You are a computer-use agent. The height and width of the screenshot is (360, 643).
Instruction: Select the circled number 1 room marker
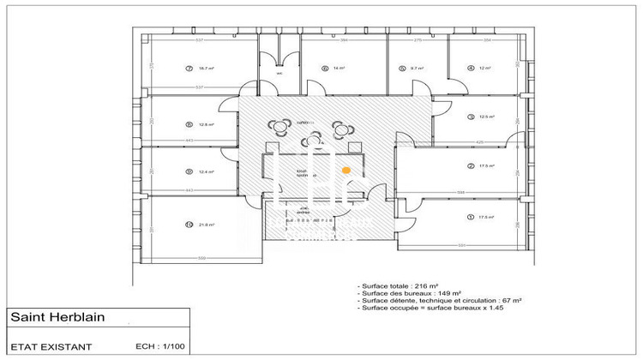pyautogui.click(x=470, y=217)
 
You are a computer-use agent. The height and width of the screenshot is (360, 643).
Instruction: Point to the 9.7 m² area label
pyautogui.click(x=418, y=68)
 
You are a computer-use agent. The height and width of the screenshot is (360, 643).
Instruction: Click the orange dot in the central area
pyautogui.click(x=346, y=171)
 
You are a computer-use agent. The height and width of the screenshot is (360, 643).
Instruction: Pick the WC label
pyautogui.click(x=279, y=73)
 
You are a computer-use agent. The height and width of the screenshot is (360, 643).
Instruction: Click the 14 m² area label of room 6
pyautogui.click(x=340, y=68)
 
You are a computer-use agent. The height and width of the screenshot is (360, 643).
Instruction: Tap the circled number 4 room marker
pyautogui.click(x=470, y=68)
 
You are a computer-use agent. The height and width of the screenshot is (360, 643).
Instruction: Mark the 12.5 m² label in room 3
pyautogui.click(x=487, y=117)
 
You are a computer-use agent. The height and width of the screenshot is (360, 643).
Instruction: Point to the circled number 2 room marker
pyautogui.click(x=470, y=165)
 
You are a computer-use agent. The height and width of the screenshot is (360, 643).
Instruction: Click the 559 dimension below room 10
pyautogui.click(x=202, y=258)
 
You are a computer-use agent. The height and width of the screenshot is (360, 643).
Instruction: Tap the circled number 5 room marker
pyautogui.click(x=401, y=68)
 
